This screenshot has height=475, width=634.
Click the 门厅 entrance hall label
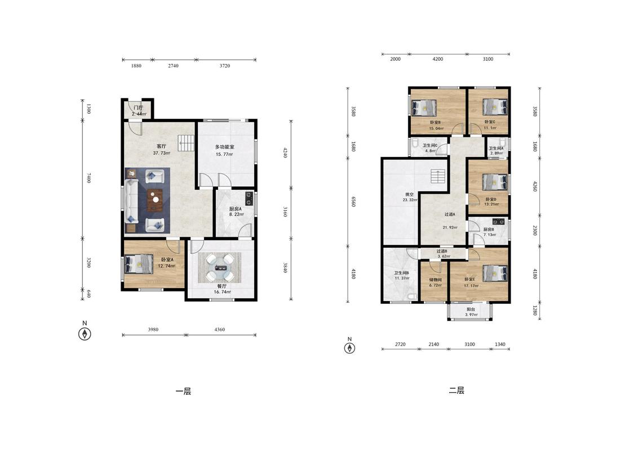[x=138, y=108]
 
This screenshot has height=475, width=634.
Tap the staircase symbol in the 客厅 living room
[x=187, y=143]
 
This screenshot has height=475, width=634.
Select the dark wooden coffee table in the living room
[x=155, y=200]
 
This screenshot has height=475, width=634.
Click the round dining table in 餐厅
[x=220, y=267]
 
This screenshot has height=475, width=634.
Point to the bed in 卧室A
[x=139, y=264]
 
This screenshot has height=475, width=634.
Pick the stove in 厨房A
[x=249, y=198]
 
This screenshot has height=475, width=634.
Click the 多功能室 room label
[x=224, y=147]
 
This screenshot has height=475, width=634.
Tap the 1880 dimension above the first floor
[x=136, y=66]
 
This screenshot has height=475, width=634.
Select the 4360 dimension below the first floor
[x=220, y=330]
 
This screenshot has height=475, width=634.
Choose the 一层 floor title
[x=183, y=391]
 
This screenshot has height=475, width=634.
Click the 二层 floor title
[x=456, y=391]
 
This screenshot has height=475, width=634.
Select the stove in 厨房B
[x=499, y=221]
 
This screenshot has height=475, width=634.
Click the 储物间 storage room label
[x=436, y=280]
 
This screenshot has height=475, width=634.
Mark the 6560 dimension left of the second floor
[x=353, y=201]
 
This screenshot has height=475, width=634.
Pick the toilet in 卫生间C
[x=416, y=144]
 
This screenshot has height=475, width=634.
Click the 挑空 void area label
[x=410, y=194]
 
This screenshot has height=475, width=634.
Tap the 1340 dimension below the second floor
[x=500, y=344]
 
